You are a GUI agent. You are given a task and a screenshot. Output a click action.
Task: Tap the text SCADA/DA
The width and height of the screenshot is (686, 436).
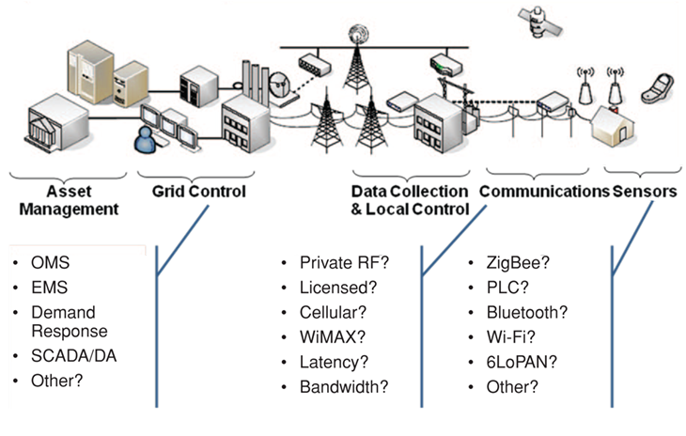[69, 357]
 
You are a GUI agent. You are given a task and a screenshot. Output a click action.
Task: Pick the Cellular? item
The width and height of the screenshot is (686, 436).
[333, 312]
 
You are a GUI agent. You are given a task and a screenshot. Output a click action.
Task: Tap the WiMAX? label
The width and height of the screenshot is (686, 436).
[332, 336]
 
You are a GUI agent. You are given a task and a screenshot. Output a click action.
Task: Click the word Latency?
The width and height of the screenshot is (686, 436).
[333, 361]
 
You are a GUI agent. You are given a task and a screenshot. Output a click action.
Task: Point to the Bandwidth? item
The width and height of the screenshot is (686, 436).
[343, 386]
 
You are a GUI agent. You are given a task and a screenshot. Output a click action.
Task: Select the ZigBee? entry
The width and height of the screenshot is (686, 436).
[518, 263]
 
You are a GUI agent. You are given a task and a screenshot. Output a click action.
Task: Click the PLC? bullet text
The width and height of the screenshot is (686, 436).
[507, 288]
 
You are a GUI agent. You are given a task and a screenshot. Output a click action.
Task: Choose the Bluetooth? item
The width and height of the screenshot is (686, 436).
[526, 312]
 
